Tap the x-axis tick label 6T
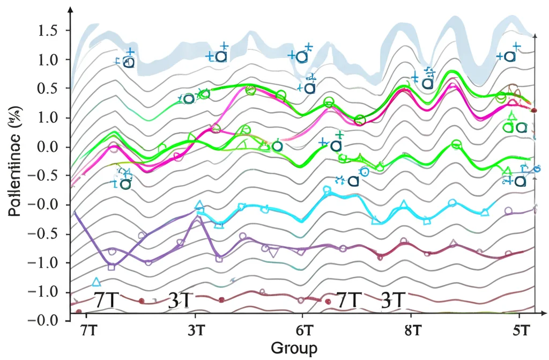[x=303, y=329]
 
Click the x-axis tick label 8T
[x=412, y=329]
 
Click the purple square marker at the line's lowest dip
[x=112, y=267]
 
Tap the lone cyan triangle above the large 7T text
[x=97, y=282]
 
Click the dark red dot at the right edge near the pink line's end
[x=533, y=110]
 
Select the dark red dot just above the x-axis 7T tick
[x=79, y=312]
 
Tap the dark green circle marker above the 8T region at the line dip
[x=360, y=120]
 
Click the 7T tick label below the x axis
[x=89, y=329]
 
